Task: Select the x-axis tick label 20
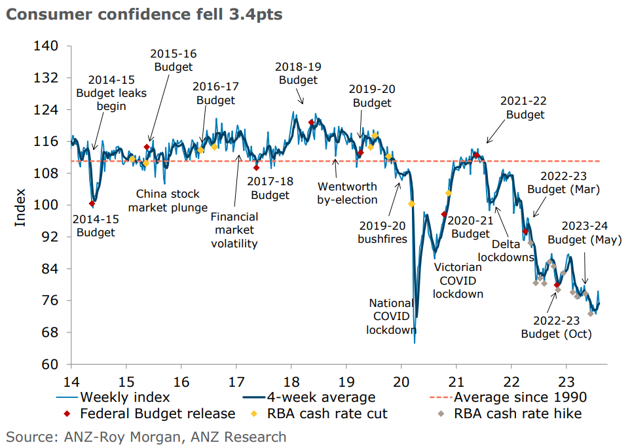coord(401,381)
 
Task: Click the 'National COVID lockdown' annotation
coord(391,317)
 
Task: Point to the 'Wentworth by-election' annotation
coord(347,193)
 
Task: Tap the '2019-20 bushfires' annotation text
coord(382,232)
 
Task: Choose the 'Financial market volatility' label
coord(234,230)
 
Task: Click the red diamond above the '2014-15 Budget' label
coord(92,204)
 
